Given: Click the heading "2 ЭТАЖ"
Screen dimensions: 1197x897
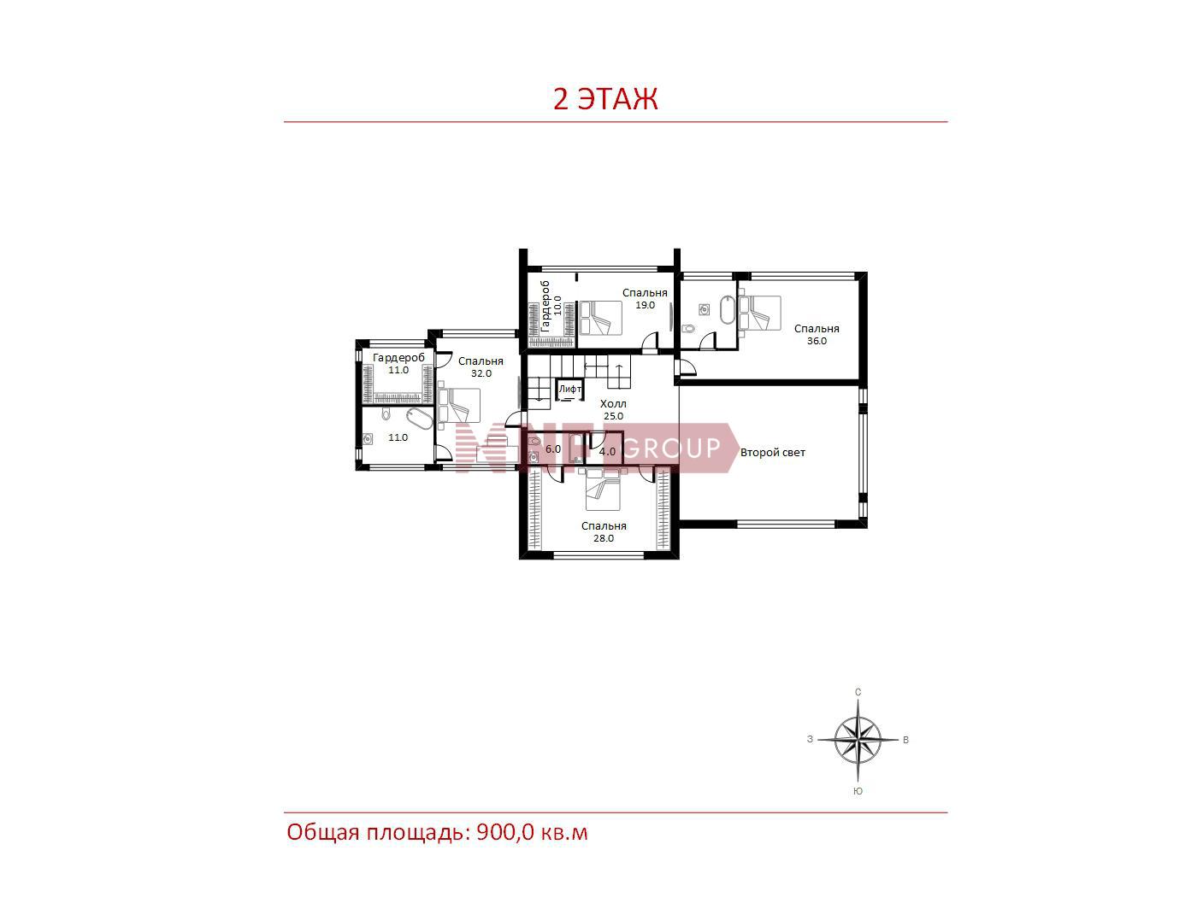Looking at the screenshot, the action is point(605,99).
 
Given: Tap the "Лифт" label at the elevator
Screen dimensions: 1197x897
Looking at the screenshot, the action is point(570,390).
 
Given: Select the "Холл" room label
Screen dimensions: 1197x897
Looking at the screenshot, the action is point(613,404).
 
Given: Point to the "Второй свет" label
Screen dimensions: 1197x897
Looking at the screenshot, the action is point(772,453).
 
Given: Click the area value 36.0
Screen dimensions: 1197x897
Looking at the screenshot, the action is point(817,341).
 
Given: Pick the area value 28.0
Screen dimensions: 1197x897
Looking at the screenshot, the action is point(604,538).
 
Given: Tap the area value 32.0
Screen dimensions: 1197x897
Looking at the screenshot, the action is point(481,373).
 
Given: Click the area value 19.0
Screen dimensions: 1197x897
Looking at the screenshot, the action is point(645,305).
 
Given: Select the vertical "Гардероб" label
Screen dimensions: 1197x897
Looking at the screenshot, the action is point(545,307).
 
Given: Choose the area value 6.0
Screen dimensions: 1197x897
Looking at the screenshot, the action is point(553,449).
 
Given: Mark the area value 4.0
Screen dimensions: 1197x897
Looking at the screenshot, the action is point(608,452).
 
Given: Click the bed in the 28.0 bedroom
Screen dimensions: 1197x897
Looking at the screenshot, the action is point(603,489).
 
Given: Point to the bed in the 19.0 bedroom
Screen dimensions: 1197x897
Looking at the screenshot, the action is point(600,318).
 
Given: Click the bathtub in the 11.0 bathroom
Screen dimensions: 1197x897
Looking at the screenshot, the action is point(419,419).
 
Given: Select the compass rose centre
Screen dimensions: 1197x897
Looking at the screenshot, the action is point(858,740).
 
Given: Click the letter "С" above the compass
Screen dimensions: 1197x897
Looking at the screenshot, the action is point(858,692).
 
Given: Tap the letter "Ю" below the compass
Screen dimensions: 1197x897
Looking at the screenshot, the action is point(858,791).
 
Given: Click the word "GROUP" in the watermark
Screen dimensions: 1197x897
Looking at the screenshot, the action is point(672,448).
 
